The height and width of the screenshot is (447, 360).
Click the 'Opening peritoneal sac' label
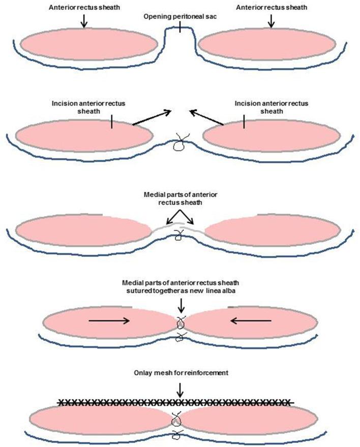click(x=179, y=17)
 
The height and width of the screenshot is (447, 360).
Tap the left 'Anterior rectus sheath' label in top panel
click(x=84, y=9)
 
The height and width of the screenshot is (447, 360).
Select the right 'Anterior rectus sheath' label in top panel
click(x=271, y=9)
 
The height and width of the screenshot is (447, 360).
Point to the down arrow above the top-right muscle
click(x=271, y=21)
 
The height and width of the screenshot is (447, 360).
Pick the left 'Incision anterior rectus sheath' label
click(x=88, y=107)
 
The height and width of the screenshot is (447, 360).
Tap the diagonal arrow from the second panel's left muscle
click(x=152, y=116)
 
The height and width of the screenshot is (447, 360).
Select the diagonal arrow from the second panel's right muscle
click(x=206, y=116)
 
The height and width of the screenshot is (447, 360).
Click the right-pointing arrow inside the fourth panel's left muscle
click(x=109, y=320)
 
